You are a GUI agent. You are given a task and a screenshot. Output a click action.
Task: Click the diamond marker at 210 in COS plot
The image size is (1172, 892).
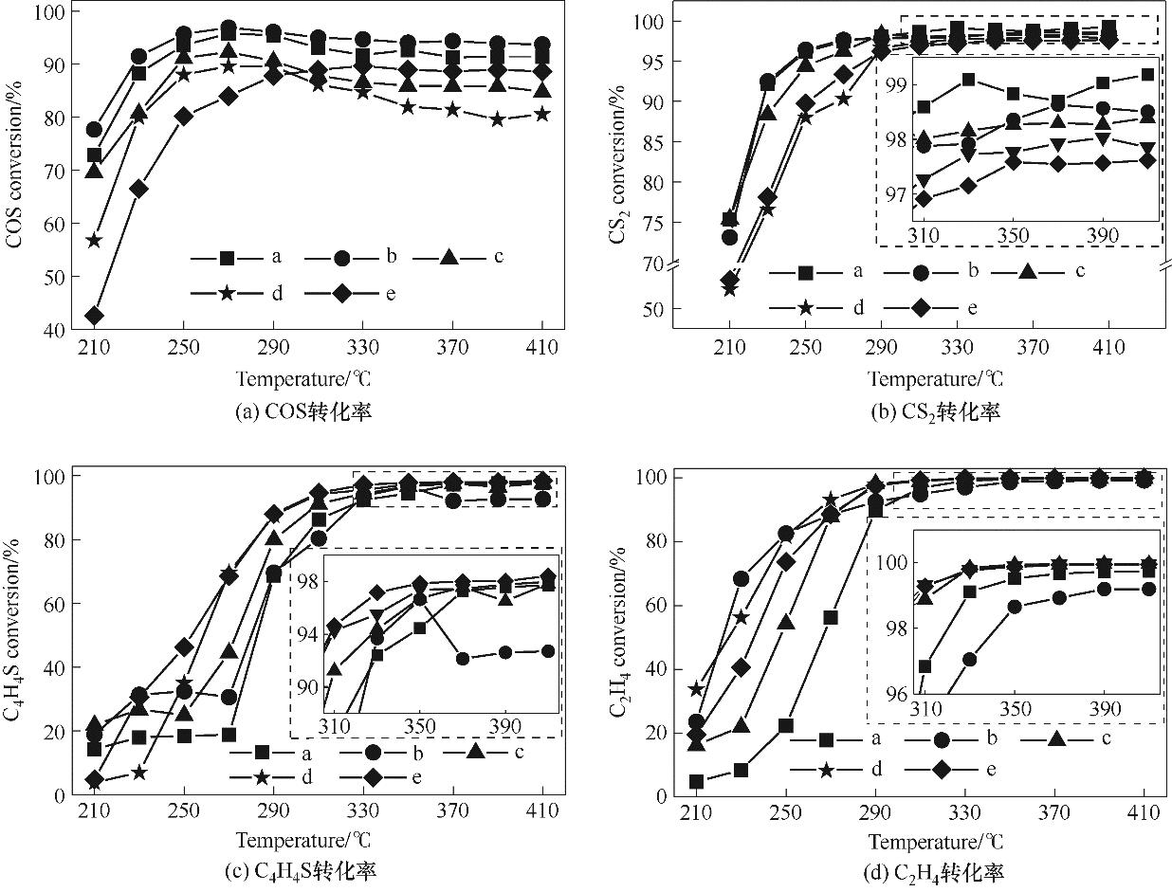tap(94, 316)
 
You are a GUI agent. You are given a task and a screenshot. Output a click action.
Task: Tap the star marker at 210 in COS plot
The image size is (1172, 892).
tap(94, 241)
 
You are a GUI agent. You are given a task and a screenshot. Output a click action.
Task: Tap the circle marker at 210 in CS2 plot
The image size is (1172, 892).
tap(729, 237)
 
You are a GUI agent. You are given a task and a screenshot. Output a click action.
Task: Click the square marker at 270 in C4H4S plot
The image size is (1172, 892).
tap(229, 735)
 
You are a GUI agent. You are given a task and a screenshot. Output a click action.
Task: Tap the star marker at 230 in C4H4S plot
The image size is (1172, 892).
tap(139, 773)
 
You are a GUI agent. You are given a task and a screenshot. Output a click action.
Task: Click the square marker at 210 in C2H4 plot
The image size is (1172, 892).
tap(696, 782)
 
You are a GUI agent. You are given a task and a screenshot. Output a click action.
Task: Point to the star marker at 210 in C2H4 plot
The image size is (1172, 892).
tap(696, 688)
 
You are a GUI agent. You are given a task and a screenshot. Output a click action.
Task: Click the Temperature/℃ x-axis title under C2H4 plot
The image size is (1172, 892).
tap(935, 841)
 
